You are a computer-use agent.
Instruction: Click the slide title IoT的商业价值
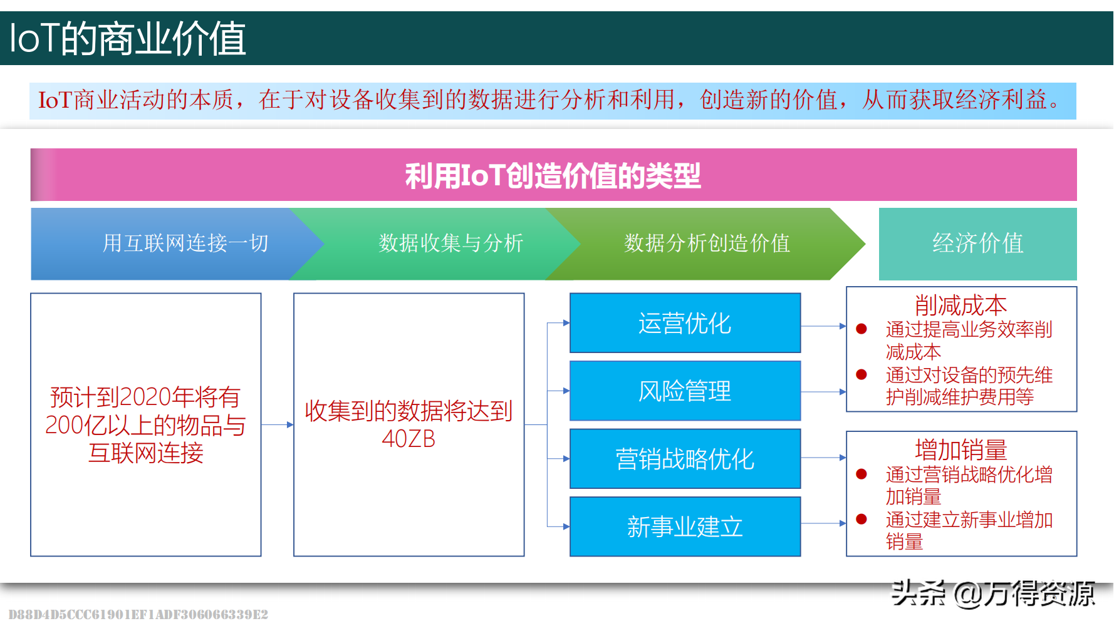tap(128, 39)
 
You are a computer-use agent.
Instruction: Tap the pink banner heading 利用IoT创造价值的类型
tap(553, 175)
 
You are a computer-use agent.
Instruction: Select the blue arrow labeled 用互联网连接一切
tap(178, 244)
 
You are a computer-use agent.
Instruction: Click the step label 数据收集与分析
tap(450, 243)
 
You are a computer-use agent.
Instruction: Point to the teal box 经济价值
tap(978, 244)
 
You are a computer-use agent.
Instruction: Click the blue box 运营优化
tap(685, 323)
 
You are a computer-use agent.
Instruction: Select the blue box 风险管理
tap(685, 391)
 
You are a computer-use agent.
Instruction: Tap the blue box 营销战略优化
tap(685, 459)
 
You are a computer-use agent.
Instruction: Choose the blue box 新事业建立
tap(685, 526)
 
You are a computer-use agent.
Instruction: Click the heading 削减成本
tap(961, 305)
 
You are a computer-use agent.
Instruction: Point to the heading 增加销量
tap(961, 449)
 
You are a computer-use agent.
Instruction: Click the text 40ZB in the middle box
tap(409, 439)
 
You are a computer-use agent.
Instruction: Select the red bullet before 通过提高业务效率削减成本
tap(862, 329)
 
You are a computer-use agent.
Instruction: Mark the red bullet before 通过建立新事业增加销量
tap(862, 519)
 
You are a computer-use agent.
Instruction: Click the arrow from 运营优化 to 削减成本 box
tap(824, 326)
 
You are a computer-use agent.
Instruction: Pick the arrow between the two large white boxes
tap(278, 424)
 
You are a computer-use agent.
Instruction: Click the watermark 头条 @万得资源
tap(993, 593)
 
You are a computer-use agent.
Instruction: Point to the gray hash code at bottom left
tap(138, 614)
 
